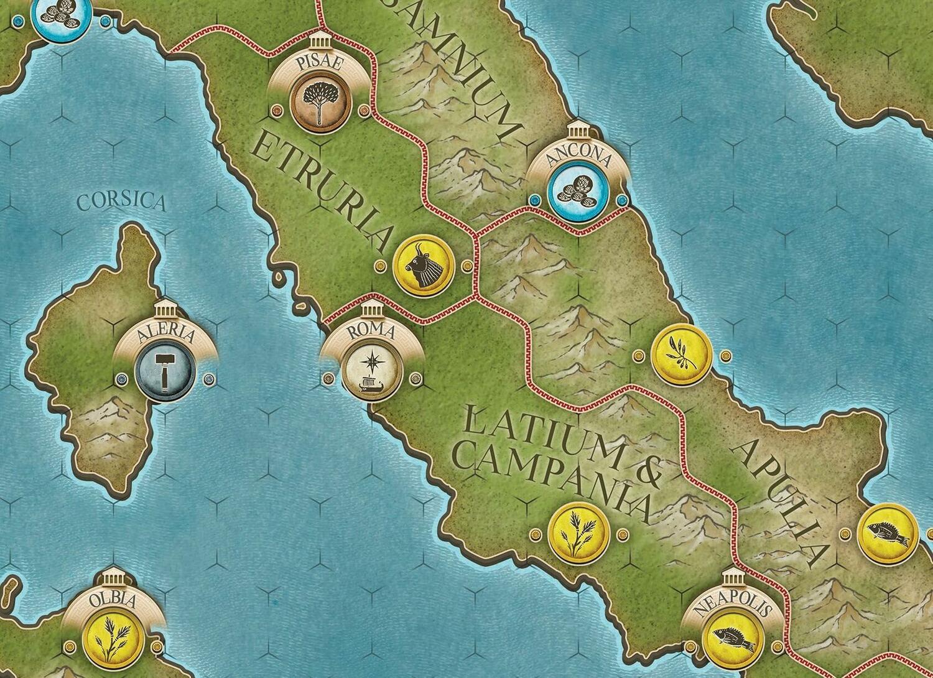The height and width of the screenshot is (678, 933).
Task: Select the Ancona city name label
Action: [x=578, y=159]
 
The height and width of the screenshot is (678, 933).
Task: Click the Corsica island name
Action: [x=122, y=202]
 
